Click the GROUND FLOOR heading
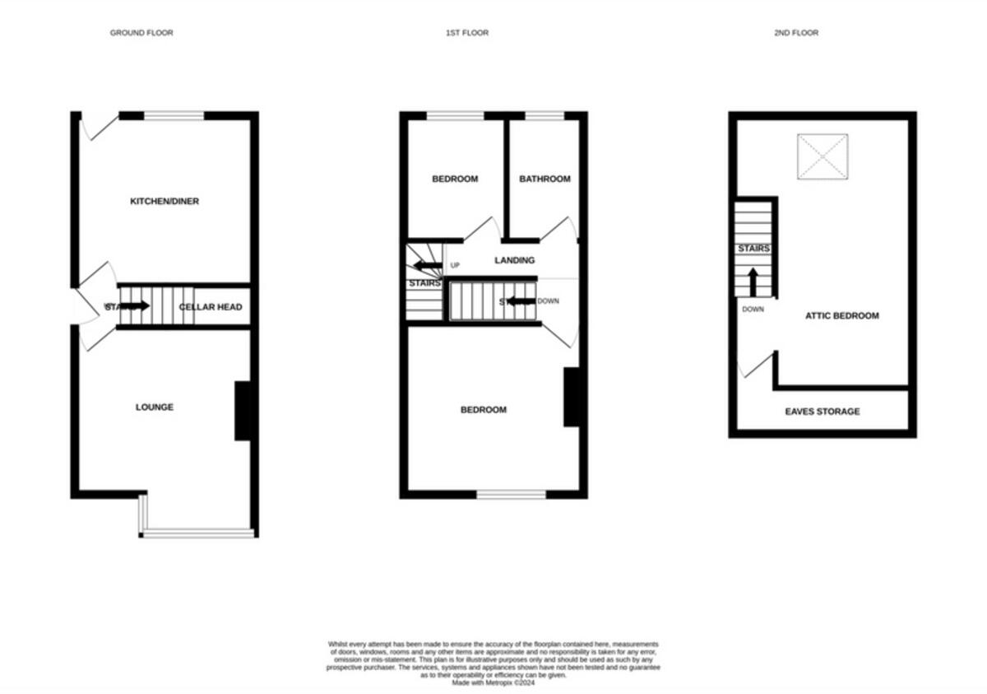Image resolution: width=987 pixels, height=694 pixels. click(141, 33)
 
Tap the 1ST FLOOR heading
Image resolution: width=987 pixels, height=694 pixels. click(467, 33)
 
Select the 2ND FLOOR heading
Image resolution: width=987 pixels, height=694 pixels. click(795, 33)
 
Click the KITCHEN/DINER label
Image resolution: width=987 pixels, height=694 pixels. click(164, 202)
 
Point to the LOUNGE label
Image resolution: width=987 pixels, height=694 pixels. click(155, 408)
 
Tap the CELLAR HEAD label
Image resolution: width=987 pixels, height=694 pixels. click(211, 307)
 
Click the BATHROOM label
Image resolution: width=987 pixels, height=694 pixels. click(544, 179)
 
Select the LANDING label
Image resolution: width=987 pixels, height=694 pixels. click(514, 261)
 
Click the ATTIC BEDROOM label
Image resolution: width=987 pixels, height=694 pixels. click(842, 316)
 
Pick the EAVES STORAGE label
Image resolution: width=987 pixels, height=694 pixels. click(822, 412)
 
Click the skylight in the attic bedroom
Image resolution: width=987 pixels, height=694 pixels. click(822, 156)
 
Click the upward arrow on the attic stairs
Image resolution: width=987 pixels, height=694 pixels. click(753, 282)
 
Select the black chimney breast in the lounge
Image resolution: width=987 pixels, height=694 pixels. click(243, 411)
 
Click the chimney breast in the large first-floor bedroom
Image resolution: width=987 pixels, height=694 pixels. click(572, 397)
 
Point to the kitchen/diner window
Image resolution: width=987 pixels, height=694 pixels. click(174, 116)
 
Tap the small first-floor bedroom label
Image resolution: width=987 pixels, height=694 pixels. click(455, 179)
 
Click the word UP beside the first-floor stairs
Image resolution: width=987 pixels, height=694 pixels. click(455, 266)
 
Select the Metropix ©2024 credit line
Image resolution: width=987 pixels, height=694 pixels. click(493, 682)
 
